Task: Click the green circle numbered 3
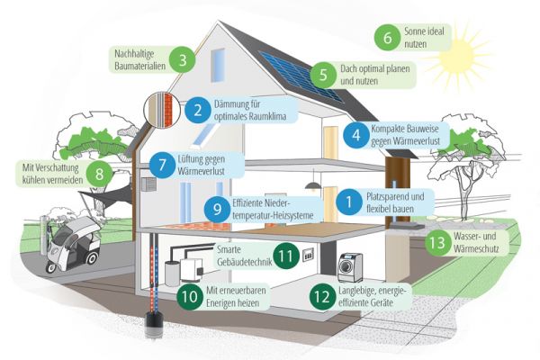tap(183, 59)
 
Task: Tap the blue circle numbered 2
tap(198, 110)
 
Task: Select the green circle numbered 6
tap(388, 37)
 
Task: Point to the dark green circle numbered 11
tap(286, 256)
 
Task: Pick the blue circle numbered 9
tap(217, 209)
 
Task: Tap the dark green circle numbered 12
tap(322, 297)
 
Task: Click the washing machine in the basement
tap(351, 267)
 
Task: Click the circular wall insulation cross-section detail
tap(162, 109)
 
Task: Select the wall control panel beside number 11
tap(308, 255)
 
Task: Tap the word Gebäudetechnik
tap(245, 262)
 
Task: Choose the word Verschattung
tap(57, 167)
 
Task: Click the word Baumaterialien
tap(139, 66)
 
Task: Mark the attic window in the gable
tap(218, 66)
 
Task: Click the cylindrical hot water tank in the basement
tap(172, 274)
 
